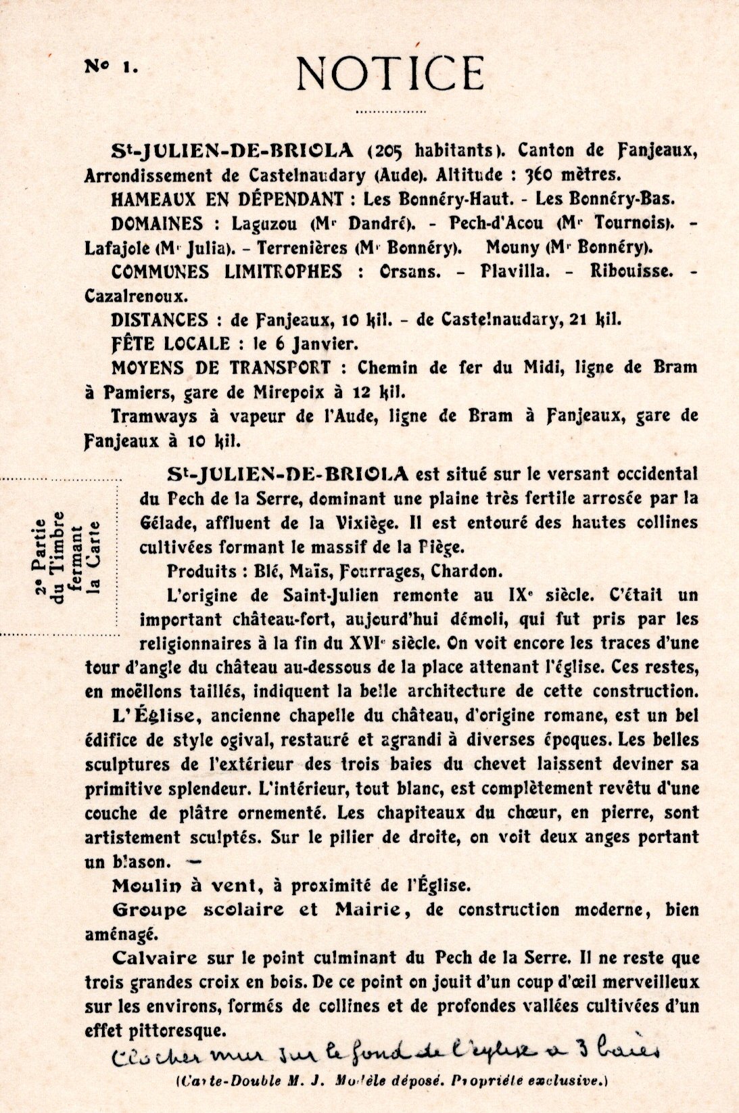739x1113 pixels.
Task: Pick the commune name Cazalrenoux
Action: [136, 296]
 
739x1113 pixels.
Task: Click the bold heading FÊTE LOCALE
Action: [170, 344]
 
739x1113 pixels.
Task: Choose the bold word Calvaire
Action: [155, 958]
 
